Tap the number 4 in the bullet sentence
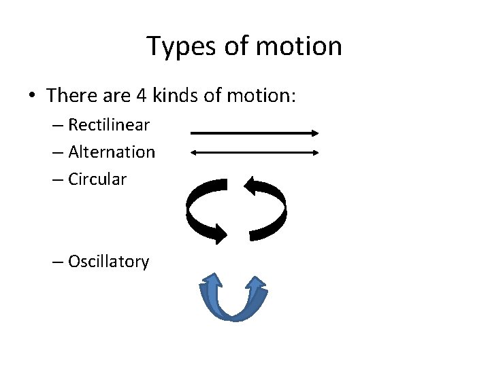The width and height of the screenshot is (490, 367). (x=141, y=95)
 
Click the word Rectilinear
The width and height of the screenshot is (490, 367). (x=109, y=125)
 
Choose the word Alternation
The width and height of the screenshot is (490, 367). (x=112, y=152)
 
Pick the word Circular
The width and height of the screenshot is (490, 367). (x=97, y=179)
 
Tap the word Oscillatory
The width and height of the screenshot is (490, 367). (x=108, y=262)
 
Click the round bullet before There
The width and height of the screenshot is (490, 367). (x=33, y=96)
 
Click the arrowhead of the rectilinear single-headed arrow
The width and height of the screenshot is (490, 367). (x=314, y=134)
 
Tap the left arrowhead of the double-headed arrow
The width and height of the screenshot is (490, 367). (x=194, y=153)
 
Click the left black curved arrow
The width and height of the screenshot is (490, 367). (x=201, y=211)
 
